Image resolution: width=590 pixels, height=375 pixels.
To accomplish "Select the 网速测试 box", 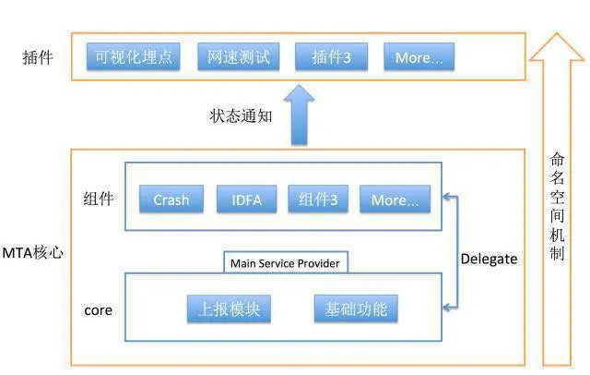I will point(238,57).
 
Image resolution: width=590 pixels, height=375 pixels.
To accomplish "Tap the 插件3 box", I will point(331,57).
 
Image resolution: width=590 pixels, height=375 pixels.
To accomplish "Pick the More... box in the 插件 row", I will point(419,57).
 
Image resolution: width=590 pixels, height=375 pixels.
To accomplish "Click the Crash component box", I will point(171,200).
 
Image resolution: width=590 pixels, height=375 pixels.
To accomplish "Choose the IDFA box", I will point(246,200).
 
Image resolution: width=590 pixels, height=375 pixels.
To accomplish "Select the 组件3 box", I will point(318,200).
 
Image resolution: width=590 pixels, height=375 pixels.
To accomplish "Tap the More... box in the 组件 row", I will point(395,200).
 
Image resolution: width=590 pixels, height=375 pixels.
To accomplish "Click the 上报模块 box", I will point(230,308).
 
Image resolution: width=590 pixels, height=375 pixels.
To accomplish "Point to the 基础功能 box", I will point(356,308).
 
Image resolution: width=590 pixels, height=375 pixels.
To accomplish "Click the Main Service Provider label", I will point(285,263).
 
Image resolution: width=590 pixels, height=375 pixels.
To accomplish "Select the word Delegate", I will point(489,259).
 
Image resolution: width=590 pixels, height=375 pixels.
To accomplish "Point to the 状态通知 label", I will point(242,115).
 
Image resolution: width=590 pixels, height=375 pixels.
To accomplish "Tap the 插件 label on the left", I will point(38,58).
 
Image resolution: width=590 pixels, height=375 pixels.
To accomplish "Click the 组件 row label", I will point(98,198).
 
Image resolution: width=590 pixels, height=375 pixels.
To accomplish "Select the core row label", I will point(98,309).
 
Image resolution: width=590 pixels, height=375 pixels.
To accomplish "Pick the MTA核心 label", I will point(33,252).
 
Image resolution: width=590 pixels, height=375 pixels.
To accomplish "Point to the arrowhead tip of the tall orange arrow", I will point(557,35).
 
